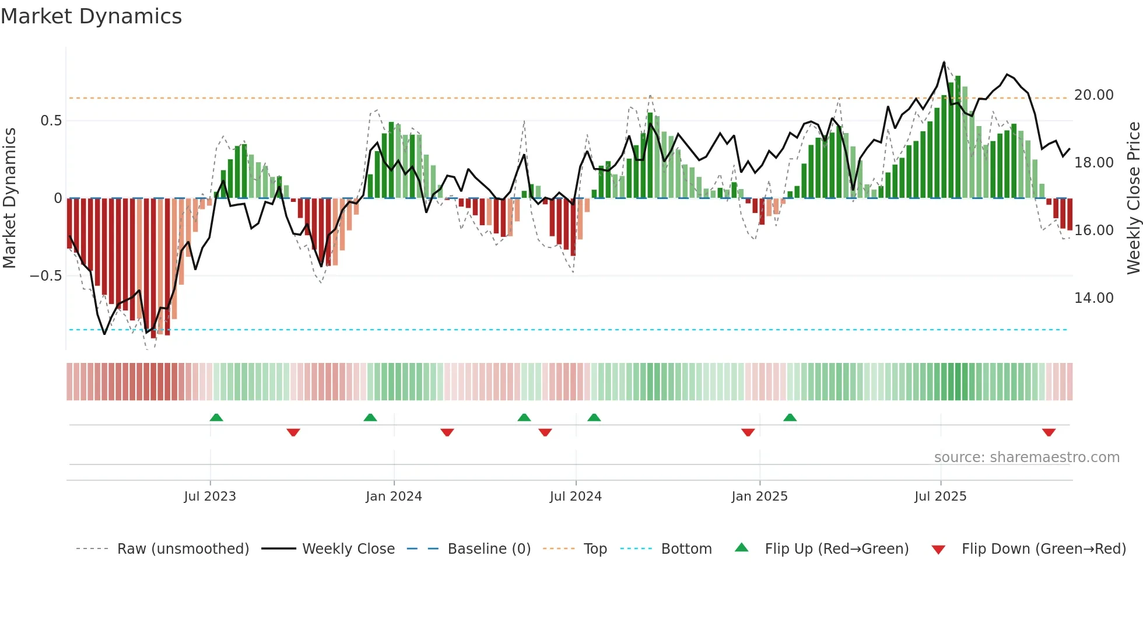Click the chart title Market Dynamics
[x=92, y=16]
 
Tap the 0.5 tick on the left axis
[x=51, y=121]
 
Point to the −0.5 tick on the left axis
[x=46, y=275]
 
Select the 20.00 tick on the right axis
[x=1093, y=95]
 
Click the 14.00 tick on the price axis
[x=1093, y=298]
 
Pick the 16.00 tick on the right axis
[x=1093, y=230]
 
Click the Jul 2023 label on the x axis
[x=210, y=497]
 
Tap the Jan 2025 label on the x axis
[x=759, y=497]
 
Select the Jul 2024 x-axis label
[x=576, y=497]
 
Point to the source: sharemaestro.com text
[x=1026, y=457]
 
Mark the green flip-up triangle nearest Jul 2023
[x=216, y=417]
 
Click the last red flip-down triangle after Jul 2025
[x=1049, y=432]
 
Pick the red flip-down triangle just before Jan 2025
[x=748, y=432]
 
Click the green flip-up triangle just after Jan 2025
[x=790, y=417]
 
